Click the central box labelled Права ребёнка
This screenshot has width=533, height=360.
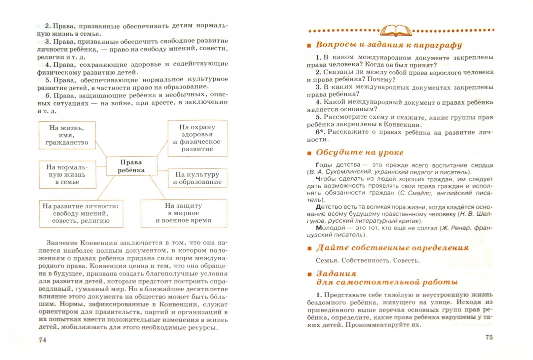[x=131, y=166]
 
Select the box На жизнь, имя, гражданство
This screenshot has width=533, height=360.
[x=67, y=135]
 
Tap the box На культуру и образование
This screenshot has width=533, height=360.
[x=197, y=178]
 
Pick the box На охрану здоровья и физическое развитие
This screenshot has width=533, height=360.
[x=197, y=138]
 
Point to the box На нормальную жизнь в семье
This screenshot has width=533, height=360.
[x=67, y=174]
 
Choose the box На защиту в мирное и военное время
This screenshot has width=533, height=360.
[x=184, y=213]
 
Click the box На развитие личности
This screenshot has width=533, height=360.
[x=81, y=213]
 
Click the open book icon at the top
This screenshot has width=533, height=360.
[x=396, y=30]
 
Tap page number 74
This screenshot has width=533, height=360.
[x=42, y=340]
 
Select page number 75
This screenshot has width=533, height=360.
[x=489, y=337]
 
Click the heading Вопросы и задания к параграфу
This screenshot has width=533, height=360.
[x=389, y=45]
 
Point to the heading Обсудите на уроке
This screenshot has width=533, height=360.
[x=359, y=153]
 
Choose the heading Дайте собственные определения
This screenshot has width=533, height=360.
[x=392, y=248]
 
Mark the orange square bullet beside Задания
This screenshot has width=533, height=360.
[x=309, y=274]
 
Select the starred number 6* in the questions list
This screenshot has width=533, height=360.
[x=319, y=132]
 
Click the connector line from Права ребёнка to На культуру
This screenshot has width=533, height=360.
[x=162, y=171]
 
